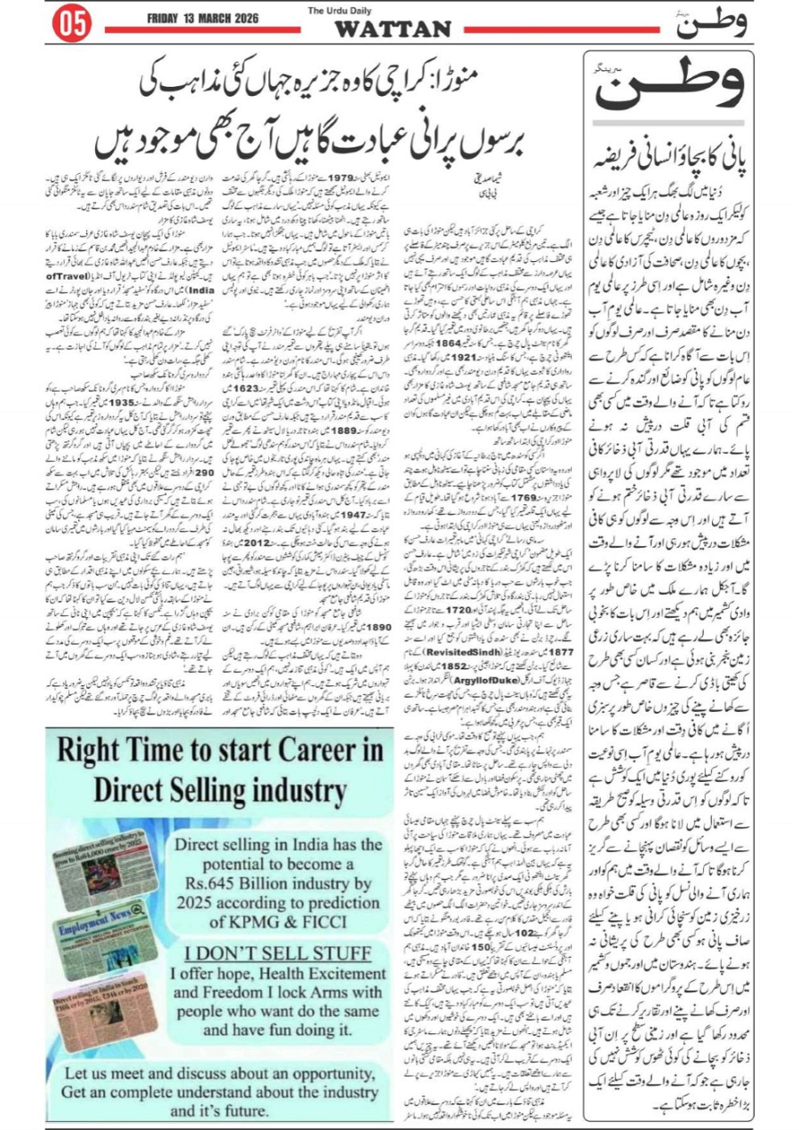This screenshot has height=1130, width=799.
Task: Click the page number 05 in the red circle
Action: (x=73, y=25)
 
